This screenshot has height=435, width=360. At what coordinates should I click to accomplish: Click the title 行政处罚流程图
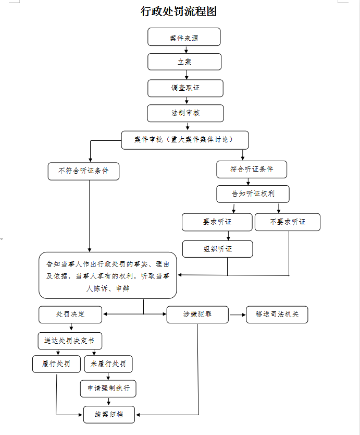coord(179,11)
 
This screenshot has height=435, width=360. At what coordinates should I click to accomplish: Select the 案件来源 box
coord(184,37)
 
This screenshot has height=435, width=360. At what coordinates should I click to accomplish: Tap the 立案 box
coord(184,62)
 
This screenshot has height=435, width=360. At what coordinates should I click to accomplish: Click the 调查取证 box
coord(185,88)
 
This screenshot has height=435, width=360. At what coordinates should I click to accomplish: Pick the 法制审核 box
coord(185,113)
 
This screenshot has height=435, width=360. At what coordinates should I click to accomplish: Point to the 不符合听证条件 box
coord(83,171)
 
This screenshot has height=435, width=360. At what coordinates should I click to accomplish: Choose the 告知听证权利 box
coord(253,194)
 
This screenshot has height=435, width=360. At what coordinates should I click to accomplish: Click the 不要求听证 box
coord(288,222)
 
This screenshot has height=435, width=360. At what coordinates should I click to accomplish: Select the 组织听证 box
coord(218,249)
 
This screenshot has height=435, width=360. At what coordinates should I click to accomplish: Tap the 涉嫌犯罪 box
coord(197,315)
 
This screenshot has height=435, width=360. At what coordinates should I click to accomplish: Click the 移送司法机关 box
coord(277,315)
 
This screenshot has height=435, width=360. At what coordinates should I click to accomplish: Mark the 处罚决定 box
coord(70,315)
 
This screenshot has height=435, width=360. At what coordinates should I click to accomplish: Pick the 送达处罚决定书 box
coord(70,341)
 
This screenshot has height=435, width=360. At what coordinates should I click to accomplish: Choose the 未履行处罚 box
coord(108,364)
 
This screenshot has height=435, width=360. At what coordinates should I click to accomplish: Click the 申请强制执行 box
coord(108,389)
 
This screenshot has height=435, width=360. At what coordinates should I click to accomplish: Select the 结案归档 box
coord(109,415)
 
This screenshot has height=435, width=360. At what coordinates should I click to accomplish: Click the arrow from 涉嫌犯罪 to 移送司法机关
coord(238,315)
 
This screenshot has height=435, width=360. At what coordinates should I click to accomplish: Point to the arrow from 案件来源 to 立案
coord(186,50)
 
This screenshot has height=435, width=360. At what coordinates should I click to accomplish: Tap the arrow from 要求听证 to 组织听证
coord(228,236)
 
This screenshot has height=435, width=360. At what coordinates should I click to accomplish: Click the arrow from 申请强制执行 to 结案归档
coord(109,402)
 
